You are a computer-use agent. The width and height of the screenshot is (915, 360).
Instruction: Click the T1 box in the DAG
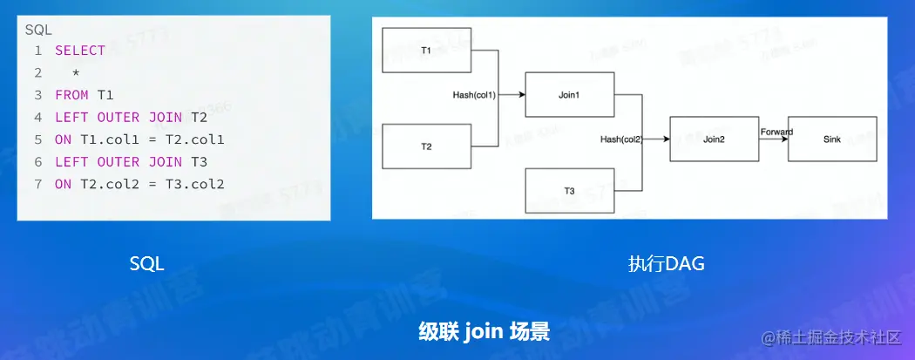(x=427, y=51)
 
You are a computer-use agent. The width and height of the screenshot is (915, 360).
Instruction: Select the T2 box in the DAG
(x=427, y=146)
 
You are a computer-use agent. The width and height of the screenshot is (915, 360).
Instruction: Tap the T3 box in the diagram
(x=569, y=192)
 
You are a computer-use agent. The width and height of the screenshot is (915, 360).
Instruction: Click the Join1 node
(x=569, y=94)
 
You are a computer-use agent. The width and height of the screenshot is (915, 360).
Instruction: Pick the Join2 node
(x=714, y=139)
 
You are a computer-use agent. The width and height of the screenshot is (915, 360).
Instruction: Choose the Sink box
(x=832, y=139)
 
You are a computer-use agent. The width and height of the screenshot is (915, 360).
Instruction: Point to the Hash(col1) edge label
(x=474, y=94)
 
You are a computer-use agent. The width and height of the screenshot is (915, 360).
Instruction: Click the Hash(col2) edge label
(x=621, y=139)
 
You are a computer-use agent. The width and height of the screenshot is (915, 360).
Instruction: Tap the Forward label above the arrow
(x=776, y=132)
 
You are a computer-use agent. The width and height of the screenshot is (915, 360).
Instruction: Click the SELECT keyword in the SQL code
(x=80, y=51)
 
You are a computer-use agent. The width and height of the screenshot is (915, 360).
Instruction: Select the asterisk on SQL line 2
(x=76, y=73)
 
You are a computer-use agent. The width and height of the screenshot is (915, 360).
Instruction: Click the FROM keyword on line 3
(x=71, y=95)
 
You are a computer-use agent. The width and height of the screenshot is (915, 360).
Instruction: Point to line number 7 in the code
(x=37, y=184)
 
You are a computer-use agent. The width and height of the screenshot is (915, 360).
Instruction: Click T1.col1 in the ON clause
(x=105, y=139)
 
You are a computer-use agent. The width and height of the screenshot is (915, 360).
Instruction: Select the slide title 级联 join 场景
(x=484, y=331)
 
